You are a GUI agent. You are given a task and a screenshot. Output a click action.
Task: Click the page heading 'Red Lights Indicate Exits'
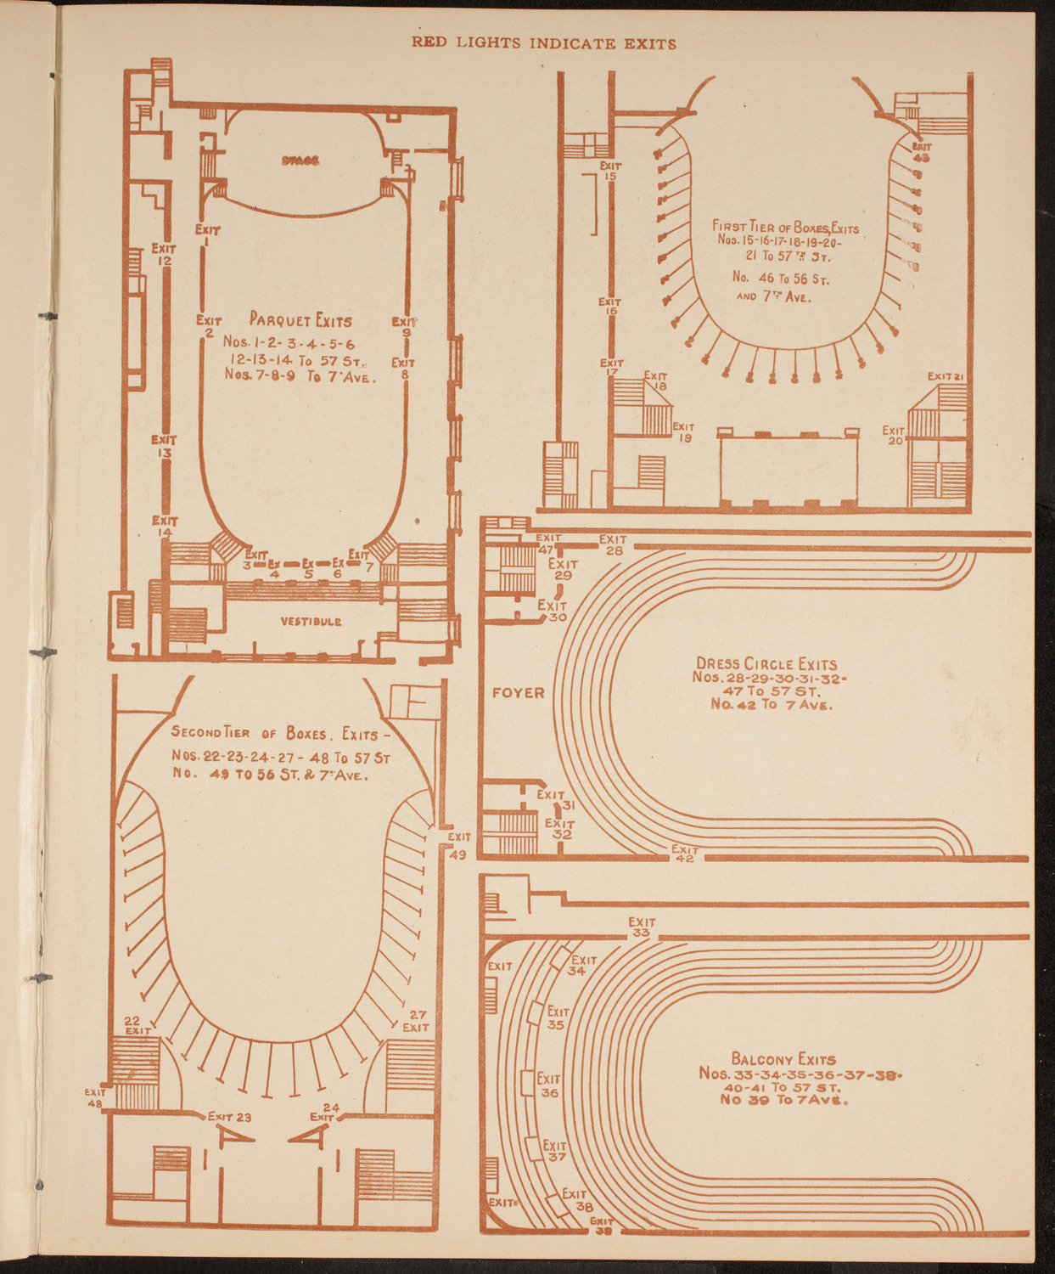click(x=544, y=43)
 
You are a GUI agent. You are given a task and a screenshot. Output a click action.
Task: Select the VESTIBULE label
click(x=311, y=622)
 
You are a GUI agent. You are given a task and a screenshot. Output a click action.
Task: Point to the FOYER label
click(x=519, y=693)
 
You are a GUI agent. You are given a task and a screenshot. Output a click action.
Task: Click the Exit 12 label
click(x=164, y=255)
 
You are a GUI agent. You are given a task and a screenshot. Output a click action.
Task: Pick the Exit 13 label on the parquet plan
click(x=164, y=447)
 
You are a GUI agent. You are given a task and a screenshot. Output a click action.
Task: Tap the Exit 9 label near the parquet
click(x=405, y=327)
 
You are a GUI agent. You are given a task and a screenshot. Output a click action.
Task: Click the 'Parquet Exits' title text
click(x=300, y=320)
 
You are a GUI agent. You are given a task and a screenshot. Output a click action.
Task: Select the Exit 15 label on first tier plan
click(x=610, y=171)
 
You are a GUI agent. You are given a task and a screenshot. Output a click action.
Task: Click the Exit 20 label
click(x=894, y=436)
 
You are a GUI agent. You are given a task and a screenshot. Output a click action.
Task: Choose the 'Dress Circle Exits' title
click(x=766, y=664)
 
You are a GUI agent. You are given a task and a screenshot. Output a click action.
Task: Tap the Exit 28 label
click(x=613, y=544)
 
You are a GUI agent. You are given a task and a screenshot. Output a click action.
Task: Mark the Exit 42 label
click(x=685, y=854)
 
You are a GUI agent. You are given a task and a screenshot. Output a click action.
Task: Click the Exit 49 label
click(x=458, y=846)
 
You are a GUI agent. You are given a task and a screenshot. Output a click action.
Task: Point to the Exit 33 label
click(x=642, y=927)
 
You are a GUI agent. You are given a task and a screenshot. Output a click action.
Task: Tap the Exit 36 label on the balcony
click(x=549, y=1085)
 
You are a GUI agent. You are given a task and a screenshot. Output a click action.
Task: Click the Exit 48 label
click(x=94, y=1097)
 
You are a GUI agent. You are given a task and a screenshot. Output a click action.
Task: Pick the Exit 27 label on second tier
click(x=416, y=1021)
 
